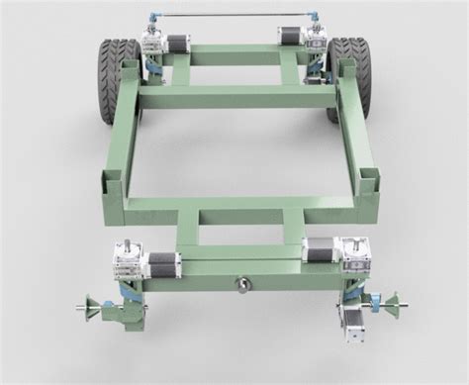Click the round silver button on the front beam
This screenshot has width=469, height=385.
[x=242, y=284]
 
